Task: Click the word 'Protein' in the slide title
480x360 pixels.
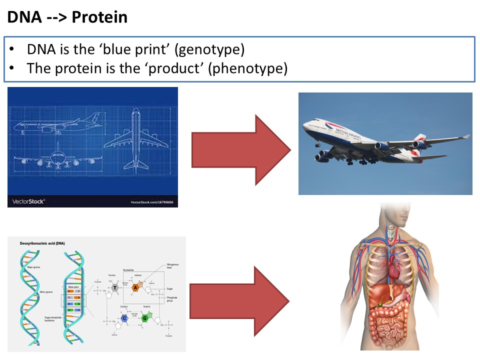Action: point(99,17)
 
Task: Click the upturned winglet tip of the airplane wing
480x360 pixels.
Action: point(465,136)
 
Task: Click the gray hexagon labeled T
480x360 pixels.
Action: point(115,287)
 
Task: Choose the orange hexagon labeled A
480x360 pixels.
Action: point(135,287)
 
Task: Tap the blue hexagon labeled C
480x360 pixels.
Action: point(123,317)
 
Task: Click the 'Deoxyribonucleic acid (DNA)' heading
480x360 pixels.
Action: point(42,243)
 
